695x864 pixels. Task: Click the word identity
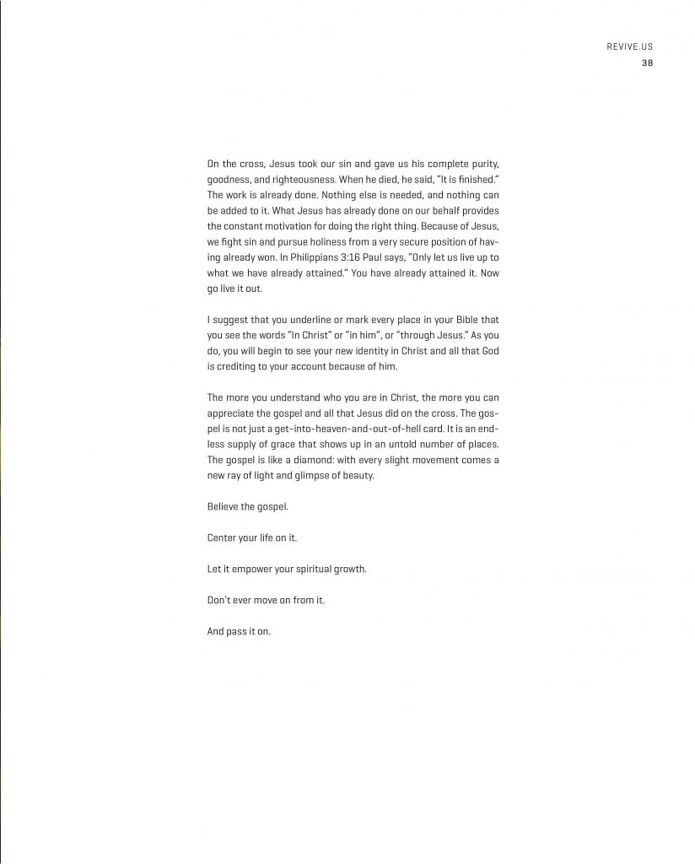374,353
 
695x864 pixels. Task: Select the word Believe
224,506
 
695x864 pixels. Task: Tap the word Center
223,537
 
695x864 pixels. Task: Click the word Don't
220,600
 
